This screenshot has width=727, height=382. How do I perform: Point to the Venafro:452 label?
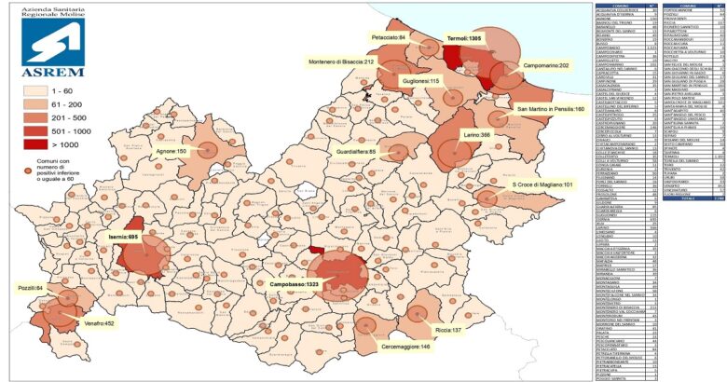pos(96,323)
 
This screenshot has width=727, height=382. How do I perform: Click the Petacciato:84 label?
pos(391,38)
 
